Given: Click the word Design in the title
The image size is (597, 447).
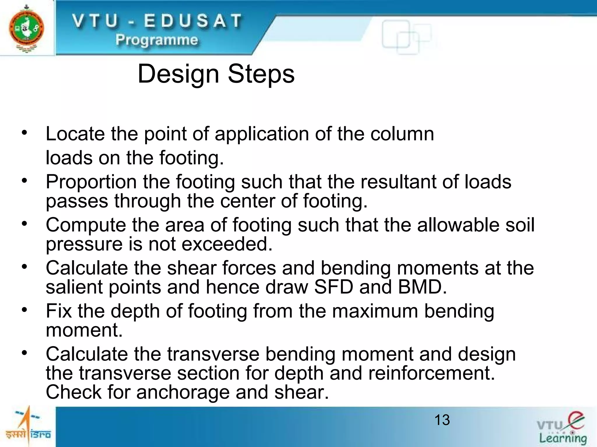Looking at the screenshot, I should click(178, 74).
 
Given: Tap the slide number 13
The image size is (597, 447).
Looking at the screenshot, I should click(442, 420).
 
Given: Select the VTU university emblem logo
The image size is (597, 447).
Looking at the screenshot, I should click(27, 28).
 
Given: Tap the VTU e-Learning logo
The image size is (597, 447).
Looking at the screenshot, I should click(562, 428).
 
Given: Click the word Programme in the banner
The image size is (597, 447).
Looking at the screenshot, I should click(157, 40).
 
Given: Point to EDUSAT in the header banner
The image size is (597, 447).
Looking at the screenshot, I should click(193, 21).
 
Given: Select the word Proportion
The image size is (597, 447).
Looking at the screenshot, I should click(91, 182).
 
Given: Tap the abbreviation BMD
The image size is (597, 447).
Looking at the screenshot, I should click(422, 287).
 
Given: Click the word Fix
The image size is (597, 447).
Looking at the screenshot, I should click(59, 311).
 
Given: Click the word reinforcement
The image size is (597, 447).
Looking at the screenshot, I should click(431, 373).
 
